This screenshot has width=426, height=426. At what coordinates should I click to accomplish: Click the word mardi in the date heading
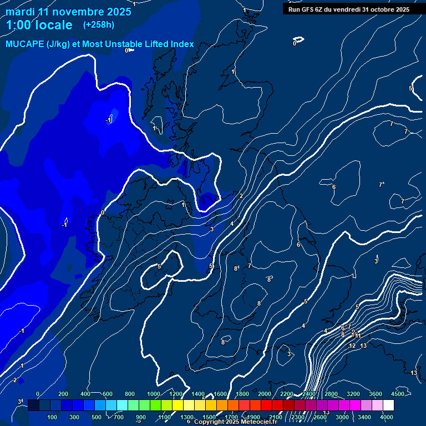coord(20,12)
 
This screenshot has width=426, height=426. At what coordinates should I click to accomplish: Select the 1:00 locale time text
coord(39,25)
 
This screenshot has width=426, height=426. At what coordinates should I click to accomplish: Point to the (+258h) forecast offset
coord(99,25)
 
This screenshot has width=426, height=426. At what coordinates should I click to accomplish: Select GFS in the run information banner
coord(308,9)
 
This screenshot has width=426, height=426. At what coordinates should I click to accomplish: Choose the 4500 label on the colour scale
coord(398,394)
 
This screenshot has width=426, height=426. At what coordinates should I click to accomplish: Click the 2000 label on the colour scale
coord(265,394)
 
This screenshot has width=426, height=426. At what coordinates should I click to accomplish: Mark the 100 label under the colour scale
coord(53,417)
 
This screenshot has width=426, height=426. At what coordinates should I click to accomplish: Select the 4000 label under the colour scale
coord(387,417)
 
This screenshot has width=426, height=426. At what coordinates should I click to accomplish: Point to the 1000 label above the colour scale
coord(154,394)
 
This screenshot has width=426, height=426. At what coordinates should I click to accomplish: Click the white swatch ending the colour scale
coord(393,405)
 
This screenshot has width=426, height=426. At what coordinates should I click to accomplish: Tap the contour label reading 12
coord(352,346)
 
